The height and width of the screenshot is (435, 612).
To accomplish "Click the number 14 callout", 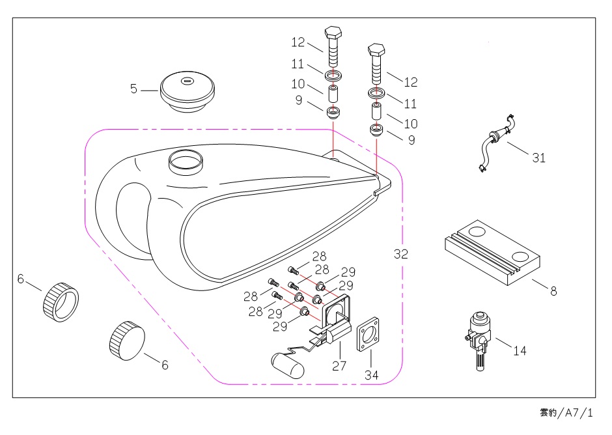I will (x=520, y=350).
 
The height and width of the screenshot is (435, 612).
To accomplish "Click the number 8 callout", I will (x=553, y=291).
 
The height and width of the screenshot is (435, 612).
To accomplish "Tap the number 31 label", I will (x=538, y=158).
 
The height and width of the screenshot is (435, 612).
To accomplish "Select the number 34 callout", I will (x=371, y=375).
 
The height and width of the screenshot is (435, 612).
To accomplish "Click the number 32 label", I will (x=401, y=255).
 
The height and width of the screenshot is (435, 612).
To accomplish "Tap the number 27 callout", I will (x=339, y=365).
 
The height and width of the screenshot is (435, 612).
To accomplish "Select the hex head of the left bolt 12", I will (x=333, y=33).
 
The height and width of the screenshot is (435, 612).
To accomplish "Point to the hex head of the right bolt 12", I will (x=377, y=49).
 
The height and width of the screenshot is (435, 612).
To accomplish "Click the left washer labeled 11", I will (x=333, y=70).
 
